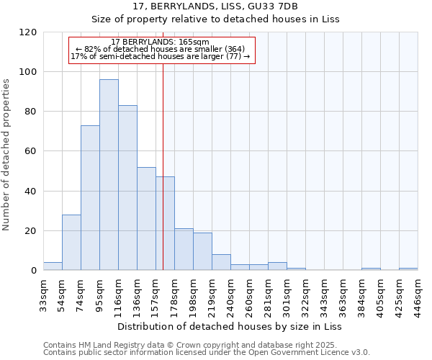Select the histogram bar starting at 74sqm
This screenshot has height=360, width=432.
90,198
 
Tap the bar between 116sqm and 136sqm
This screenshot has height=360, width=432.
127,188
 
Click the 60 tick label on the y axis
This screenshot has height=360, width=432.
30,151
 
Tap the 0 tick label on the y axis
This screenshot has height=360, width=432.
33,271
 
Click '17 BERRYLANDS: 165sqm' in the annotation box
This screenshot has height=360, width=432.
161,42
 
